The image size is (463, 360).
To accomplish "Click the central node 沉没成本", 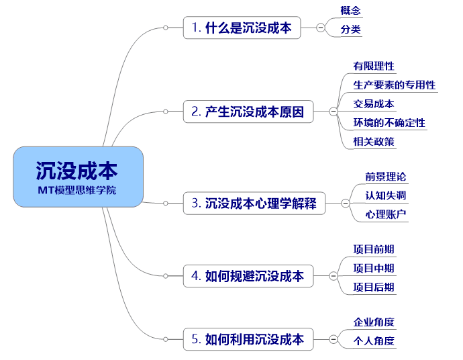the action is click(x=79, y=177).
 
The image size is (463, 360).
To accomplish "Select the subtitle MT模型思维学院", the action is click(x=77, y=190).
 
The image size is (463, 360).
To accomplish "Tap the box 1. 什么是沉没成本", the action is click(x=242, y=28).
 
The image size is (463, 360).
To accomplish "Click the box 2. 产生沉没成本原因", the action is click(x=248, y=111).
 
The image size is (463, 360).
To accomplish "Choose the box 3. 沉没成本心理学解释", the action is click(x=254, y=204).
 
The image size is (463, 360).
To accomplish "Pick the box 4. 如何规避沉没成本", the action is click(x=248, y=276).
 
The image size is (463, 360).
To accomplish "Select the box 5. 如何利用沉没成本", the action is click(x=248, y=339).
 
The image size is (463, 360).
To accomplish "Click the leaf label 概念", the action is click(x=350, y=11).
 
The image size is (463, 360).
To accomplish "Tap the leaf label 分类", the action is click(x=350, y=30).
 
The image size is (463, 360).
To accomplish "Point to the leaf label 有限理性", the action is click(x=374, y=66).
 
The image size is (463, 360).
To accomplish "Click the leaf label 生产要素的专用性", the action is click(x=394, y=85).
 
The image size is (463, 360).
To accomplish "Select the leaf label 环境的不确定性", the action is click(x=389, y=123).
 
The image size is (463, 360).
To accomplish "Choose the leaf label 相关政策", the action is click(x=374, y=142).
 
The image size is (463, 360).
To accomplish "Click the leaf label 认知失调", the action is click(x=386, y=195).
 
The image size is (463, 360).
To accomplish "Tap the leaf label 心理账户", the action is click(x=386, y=214).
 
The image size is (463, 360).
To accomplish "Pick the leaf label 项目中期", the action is click(x=374, y=269).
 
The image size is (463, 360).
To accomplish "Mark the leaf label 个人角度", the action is click(x=374, y=341).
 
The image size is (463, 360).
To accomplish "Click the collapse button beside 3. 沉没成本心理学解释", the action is click(x=346, y=204).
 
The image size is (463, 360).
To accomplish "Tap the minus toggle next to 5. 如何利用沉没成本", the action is click(x=333, y=339).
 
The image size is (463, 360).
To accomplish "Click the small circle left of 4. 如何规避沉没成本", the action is click(x=166, y=276).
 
